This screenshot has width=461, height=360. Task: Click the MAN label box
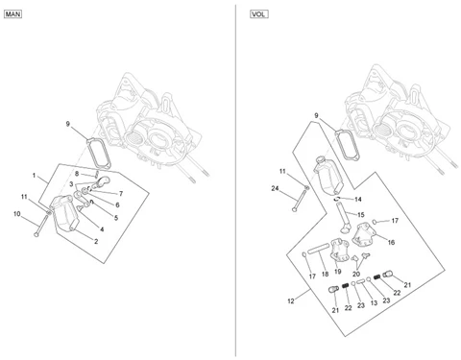point(12,14)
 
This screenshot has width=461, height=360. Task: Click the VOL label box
point(259,14)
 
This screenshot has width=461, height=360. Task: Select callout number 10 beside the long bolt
point(17,214)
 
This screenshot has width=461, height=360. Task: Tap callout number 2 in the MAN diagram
point(96,241)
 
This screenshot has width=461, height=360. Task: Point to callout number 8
point(77,174)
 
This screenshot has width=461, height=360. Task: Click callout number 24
point(275,188)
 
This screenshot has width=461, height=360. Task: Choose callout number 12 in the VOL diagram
point(291,301)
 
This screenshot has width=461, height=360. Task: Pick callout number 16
point(391,242)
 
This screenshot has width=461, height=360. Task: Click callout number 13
point(374,302)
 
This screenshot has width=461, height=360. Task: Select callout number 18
point(325,274)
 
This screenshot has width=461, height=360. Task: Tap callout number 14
point(358,200)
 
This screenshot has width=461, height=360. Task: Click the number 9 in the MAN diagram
point(67,124)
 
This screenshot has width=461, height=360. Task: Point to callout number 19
point(338,272)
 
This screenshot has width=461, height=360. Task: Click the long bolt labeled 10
point(41,226)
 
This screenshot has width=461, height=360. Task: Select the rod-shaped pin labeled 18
point(318,249)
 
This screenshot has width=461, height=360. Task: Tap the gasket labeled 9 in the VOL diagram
point(347,144)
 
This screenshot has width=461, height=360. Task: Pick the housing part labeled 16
point(363,235)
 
